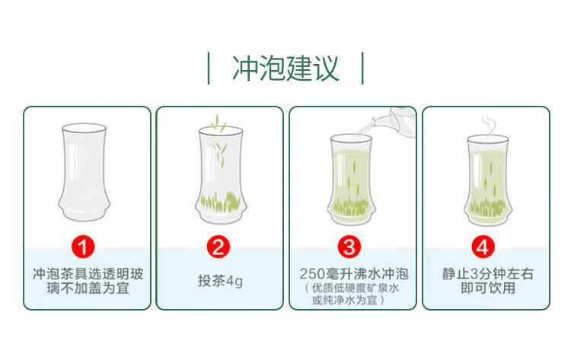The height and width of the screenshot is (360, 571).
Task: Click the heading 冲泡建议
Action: tap(285, 68)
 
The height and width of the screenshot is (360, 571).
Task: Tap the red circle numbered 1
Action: tap(83, 247)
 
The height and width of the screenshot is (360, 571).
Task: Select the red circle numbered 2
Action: tap(219, 247)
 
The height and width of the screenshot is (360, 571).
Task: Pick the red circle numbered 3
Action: tap(349, 247)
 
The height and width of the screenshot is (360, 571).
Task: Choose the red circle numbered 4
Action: tap(483, 247)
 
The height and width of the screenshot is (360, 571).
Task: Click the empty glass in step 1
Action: tap(84, 172)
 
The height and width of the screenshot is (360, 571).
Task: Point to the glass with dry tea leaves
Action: tap(221, 175)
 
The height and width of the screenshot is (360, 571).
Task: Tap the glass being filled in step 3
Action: tap(352, 180)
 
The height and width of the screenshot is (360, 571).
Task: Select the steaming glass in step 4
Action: tap(488, 180)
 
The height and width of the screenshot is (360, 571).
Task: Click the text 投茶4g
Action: tap(220, 281)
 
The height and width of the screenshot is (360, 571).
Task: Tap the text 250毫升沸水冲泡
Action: tap(354, 274)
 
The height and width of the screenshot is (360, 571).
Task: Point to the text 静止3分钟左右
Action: tap(488, 274)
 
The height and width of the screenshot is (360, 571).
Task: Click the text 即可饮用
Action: tap(488, 288)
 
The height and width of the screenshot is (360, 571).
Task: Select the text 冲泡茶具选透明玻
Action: tap(88, 274)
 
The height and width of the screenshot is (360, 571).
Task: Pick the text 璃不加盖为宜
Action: tap(88, 288)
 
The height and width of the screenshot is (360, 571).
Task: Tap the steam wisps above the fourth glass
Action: tap(489, 123)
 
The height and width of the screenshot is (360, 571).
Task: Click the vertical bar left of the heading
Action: tap(209, 68)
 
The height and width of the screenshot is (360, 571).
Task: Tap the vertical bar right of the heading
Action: tap(362, 68)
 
